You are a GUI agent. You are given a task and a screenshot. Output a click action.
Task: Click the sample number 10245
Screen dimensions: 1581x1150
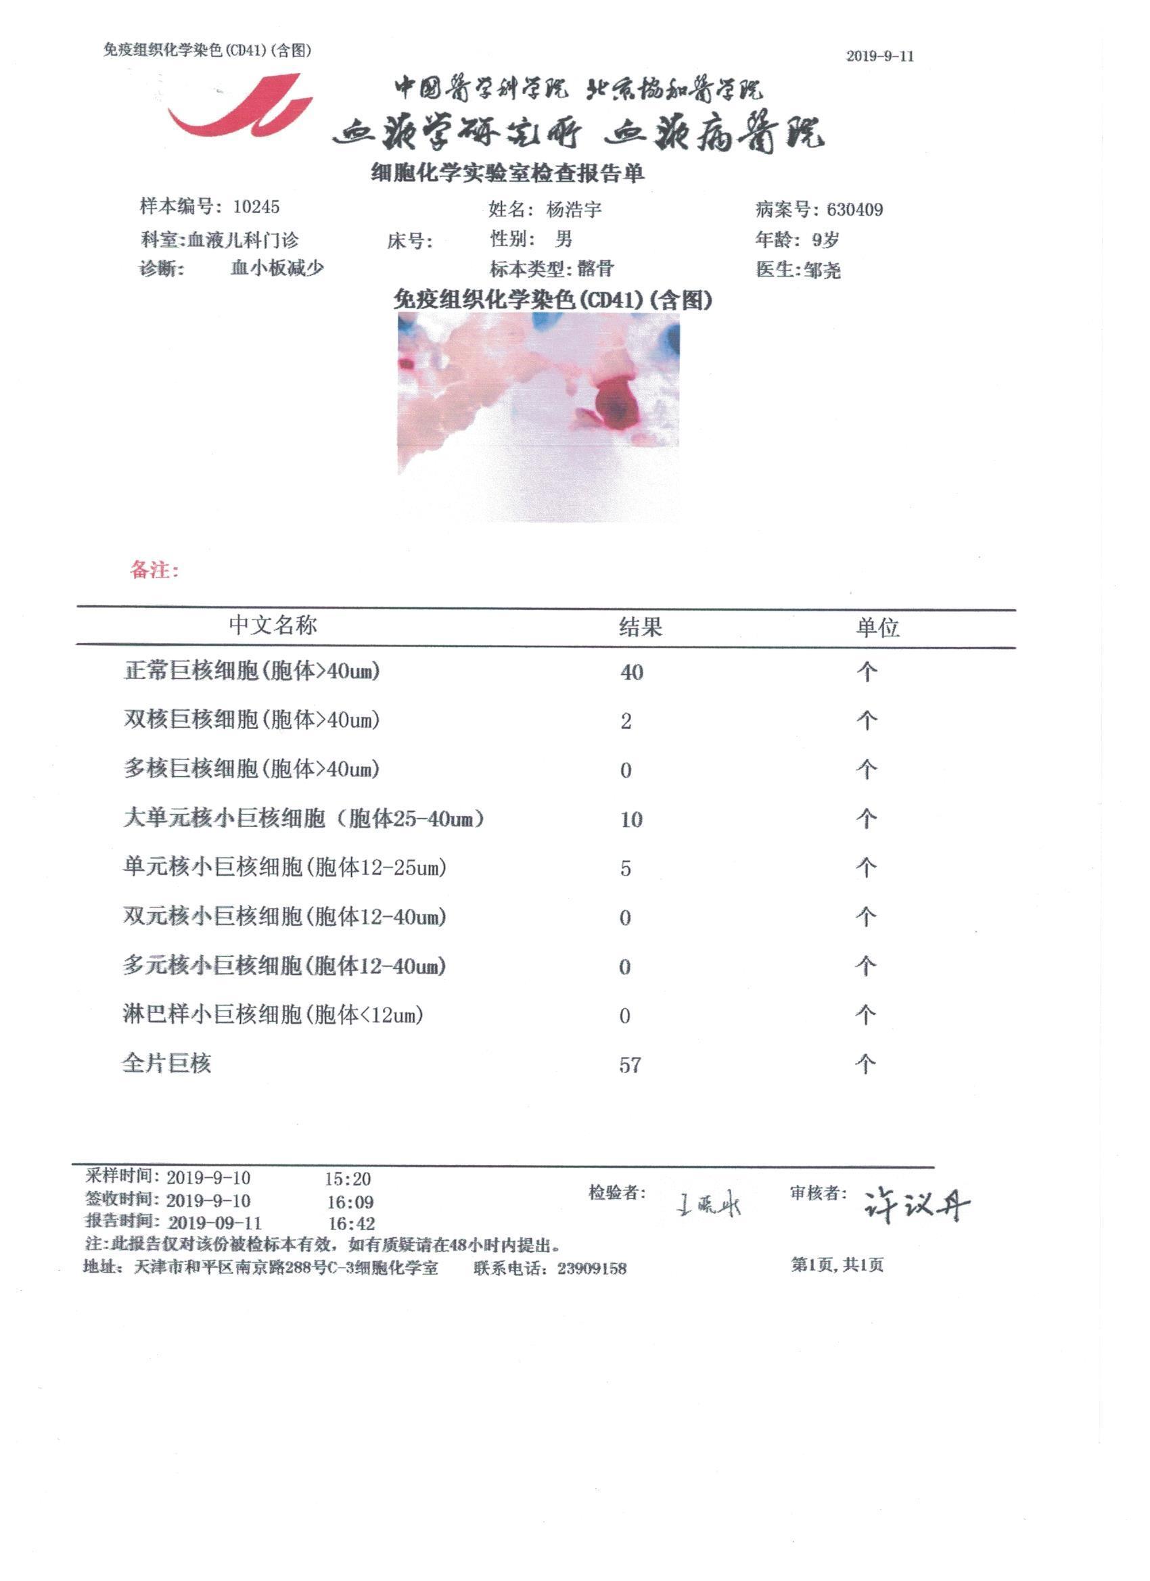[x=256, y=207]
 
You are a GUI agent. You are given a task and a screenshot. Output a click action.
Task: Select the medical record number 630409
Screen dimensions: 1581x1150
[x=854, y=210]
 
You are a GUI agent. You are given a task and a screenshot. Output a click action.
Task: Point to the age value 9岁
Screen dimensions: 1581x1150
[x=825, y=240]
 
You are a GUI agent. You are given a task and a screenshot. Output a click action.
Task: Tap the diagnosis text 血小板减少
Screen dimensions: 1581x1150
[x=277, y=268]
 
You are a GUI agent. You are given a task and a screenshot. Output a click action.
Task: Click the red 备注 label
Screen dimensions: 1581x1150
[x=154, y=570]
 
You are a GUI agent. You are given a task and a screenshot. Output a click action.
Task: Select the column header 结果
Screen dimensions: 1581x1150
[x=640, y=628]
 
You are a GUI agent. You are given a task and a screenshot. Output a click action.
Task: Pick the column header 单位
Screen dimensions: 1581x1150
[x=877, y=628]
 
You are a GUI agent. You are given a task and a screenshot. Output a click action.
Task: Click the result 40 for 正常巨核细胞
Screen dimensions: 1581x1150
[x=631, y=673]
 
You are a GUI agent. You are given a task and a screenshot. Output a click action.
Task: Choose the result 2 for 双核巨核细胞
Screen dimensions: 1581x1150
[x=626, y=722]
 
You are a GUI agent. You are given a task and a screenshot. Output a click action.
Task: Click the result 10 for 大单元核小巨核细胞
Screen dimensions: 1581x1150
[x=631, y=820]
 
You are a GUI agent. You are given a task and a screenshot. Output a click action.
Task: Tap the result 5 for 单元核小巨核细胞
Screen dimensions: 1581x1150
[x=626, y=868]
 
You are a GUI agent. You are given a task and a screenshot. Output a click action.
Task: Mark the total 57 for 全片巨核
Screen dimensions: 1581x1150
[x=630, y=1065]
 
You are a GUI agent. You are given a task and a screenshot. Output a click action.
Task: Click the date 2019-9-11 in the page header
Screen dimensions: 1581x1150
[x=879, y=57]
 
